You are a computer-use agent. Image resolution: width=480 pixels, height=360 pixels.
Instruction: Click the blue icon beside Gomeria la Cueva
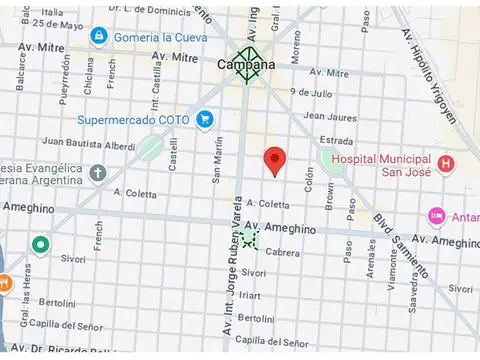click(x=98, y=36)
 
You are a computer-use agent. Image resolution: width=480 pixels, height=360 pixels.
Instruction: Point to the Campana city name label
click(x=245, y=65)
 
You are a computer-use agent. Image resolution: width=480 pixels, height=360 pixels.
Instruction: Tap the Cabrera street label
click(x=283, y=253)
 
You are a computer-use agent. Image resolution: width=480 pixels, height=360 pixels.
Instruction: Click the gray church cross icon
click(x=97, y=172)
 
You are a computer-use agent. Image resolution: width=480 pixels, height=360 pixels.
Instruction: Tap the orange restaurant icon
click(x=4, y=283)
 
